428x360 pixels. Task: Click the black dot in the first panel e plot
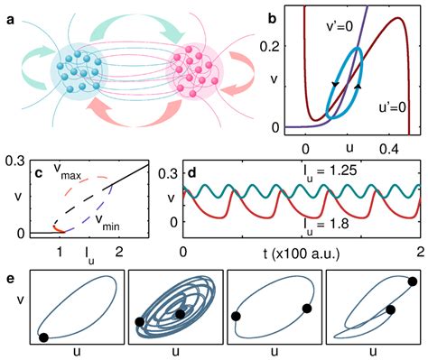coord(43,337)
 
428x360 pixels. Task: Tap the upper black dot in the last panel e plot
coord(412,282)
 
